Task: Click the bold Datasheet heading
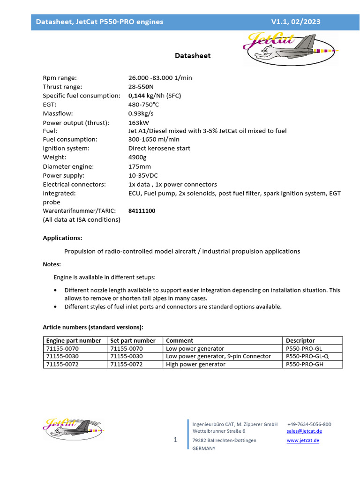[193, 56]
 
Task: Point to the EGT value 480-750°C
[143, 105]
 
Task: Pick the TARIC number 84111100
[142, 211]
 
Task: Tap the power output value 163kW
[139, 122]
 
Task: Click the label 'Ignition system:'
[66, 149]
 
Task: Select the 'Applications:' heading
[62, 238]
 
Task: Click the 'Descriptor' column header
[300, 341]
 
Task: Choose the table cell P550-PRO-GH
[304, 364]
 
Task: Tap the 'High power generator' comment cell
[195, 364]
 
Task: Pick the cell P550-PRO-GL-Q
[307, 356]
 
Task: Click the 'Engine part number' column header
[74, 341]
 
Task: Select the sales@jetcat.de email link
[304, 431]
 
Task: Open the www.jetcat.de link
[303, 441]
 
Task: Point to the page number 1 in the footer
[176, 440]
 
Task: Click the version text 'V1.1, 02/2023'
[296, 22]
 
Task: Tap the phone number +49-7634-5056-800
[309, 424]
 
